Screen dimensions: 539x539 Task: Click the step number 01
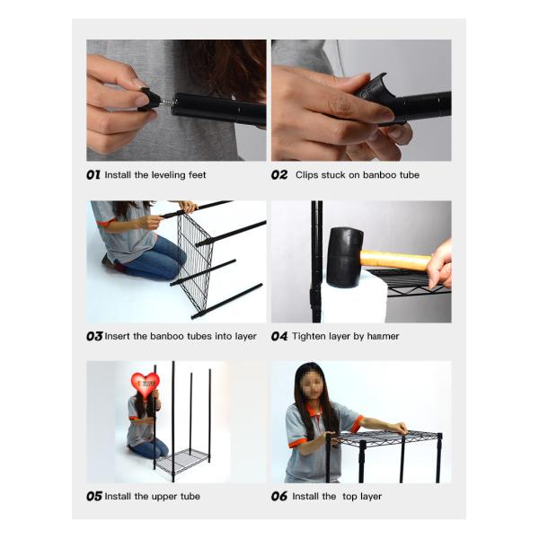click(x=93, y=175)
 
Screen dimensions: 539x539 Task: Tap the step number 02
click(x=279, y=175)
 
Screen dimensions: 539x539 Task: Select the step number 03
click(x=94, y=336)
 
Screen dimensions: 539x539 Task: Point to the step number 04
click(x=279, y=336)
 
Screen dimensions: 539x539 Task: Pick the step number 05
click(x=94, y=496)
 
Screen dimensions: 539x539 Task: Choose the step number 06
click(x=279, y=496)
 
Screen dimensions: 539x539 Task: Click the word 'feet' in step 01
click(x=197, y=175)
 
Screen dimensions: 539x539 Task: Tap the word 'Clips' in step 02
click(x=306, y=175)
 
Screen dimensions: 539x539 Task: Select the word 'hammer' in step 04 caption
click(x=383, y=336)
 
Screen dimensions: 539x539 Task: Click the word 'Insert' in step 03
click(x=117, y=336)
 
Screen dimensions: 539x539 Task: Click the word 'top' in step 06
click(x=349, y=497)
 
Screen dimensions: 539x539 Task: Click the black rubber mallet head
click(x=344, y=257)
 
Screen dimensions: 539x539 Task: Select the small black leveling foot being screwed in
click(x=148, y=99)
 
